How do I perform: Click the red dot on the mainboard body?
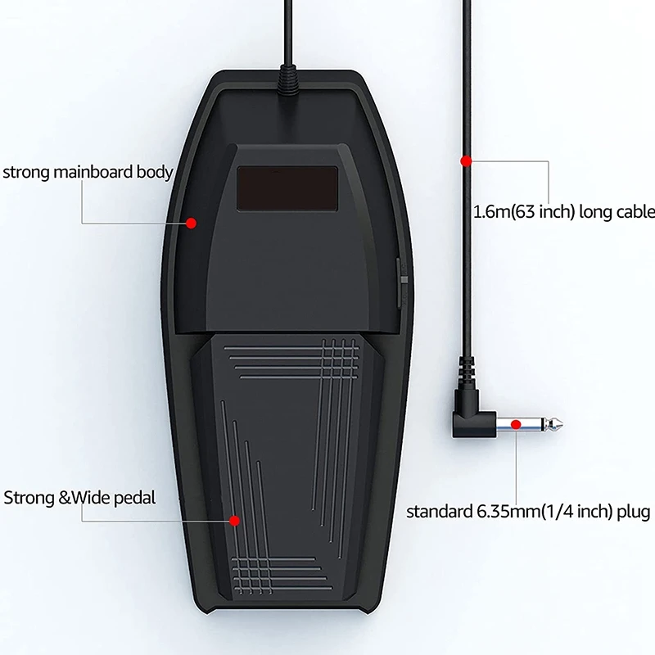pyautogui.click(x=191, y=222)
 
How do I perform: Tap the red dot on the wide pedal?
pyautogui.click(x=235, y=520)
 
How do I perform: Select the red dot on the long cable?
pyautogui.click(x=466, y=160)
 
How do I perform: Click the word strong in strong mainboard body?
pyautogui.click(x=27, y=172)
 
